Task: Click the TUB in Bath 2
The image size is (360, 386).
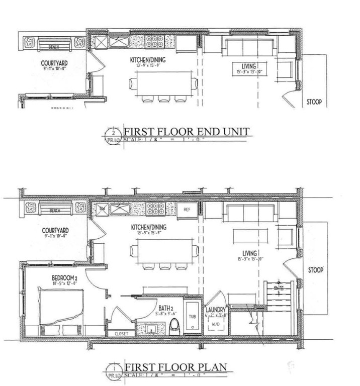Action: point(192,317)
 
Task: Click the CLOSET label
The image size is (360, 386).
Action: point(121,333)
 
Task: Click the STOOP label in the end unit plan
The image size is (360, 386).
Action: point(313,102)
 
